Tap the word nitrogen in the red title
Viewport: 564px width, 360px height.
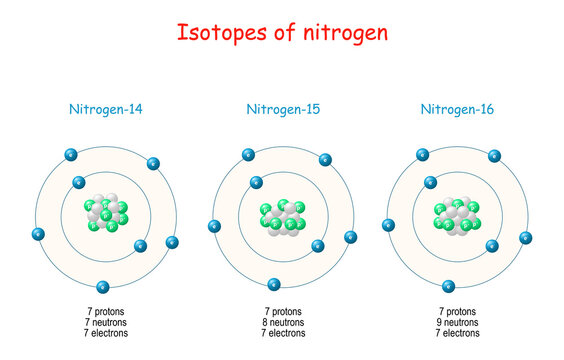coord(340,32)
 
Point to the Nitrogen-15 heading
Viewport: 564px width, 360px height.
coord(281,109)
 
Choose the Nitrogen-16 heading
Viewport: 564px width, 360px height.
coord(457,109)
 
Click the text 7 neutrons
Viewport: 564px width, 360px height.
coord(106,322)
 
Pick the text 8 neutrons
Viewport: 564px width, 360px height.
coord(283,322)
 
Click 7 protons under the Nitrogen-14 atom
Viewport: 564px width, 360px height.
coord(106,311)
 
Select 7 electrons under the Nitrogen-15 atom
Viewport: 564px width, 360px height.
coord(283,333)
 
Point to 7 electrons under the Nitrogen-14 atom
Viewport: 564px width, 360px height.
coord(106,333)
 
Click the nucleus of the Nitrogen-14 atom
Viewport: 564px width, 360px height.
coord(105,215)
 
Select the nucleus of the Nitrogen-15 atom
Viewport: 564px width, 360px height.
coord(283,219)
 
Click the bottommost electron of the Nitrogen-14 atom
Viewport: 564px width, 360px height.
coord(104,287)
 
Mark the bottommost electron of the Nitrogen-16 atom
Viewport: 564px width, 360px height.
coord(449,286)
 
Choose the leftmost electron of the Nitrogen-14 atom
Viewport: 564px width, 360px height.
coord(38,235)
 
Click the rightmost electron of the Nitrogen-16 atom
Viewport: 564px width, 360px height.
coord(526,237)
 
